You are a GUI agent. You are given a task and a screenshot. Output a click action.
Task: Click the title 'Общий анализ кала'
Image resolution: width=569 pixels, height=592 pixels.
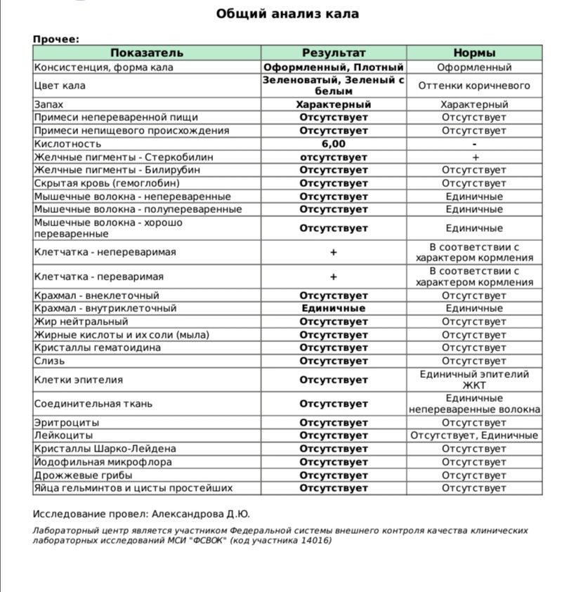287,14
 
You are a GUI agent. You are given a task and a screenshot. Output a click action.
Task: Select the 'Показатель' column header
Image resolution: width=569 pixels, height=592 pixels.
147,53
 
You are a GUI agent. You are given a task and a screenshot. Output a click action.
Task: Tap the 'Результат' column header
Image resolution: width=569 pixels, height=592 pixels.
334,53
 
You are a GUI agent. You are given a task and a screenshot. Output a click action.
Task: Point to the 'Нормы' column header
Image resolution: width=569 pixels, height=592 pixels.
474,53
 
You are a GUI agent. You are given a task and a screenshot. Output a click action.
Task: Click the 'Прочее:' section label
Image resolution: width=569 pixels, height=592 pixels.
56,39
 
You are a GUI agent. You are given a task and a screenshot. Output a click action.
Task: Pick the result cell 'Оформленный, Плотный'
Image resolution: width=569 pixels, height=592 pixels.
334,67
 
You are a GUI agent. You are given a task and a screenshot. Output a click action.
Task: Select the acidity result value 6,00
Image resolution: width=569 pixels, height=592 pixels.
334,144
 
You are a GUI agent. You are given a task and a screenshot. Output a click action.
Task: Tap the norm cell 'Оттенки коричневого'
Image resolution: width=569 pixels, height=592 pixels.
474,86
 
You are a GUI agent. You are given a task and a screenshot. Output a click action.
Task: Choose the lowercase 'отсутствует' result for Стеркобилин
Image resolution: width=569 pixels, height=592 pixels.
334,157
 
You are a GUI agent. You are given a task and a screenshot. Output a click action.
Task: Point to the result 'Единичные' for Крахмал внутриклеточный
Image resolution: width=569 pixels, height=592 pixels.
334,308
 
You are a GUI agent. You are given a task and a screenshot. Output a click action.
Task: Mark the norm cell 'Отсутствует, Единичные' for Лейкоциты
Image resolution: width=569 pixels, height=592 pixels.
474,436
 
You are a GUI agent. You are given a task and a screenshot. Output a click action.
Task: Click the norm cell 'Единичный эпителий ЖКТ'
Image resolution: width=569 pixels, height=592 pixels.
474,380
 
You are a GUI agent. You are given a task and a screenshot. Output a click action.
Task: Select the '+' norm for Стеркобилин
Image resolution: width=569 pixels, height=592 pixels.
474,157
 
